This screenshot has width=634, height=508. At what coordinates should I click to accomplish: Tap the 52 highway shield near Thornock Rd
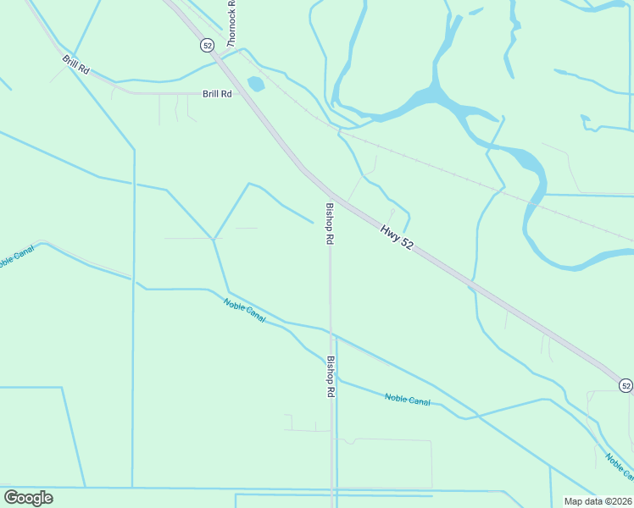click(208, 44)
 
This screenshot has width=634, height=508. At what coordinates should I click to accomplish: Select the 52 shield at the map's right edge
click(626, 385)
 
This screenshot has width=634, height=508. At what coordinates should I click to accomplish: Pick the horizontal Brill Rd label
click(217, 94)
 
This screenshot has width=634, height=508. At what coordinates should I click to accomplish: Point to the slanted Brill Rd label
click(75, 64)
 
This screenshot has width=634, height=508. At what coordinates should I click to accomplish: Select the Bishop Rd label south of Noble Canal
click(331, 377)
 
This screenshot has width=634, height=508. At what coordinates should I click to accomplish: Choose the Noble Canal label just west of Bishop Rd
click(245, 311)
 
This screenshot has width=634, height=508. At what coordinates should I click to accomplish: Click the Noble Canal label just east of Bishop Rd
click(407, 399)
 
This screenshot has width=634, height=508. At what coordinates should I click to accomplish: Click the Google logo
click(28, 498)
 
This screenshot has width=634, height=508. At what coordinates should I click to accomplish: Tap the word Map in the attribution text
click(573, 500)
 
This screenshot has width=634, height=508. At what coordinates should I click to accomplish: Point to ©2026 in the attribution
click(616, 500)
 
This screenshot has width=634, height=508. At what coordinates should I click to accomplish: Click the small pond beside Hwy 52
click(255, 84)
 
